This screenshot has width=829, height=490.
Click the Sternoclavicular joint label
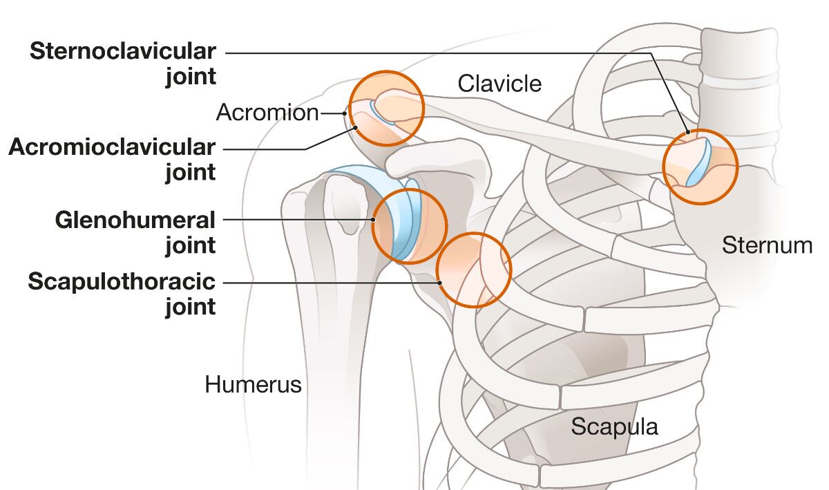(x=123, y=64)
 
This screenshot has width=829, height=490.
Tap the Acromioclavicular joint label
(x=113, y=159)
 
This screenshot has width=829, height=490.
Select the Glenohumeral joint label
(x=135, y=232)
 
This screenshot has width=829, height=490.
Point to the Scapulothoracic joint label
(x=122, y=294)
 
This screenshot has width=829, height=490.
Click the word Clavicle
(x=499, y=84)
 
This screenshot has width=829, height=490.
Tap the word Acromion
(x=267, y=113)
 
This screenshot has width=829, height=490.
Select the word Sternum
(x=767, y=245)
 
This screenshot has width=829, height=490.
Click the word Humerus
(x=253, y=384)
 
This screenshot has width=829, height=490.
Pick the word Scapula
(x=614, y=426)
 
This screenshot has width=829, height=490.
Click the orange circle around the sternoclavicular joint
(x=701, y=167)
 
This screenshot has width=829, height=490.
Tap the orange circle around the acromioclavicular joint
(x=385, y=108)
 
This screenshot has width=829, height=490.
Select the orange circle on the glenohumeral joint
(x=410, y=226)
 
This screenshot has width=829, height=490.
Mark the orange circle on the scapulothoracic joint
(x=474, y=270)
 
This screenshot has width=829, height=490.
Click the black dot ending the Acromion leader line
(x=344, y=113)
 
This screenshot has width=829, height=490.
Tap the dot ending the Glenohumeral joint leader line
(x=373, y=220)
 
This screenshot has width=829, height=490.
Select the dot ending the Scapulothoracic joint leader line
(x=439, y=282)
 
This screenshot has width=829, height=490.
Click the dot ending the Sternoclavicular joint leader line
(x=688, y=132)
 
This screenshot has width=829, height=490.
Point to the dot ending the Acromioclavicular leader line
(x=356, y=127)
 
